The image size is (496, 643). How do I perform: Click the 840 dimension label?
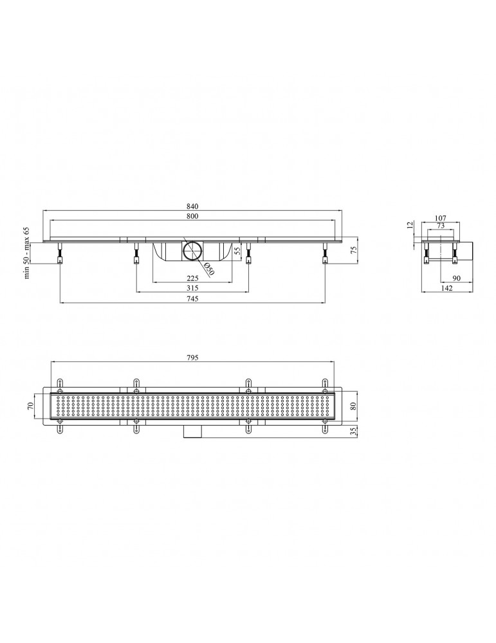(x=192, y=206)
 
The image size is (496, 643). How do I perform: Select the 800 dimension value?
(x=192, y=216)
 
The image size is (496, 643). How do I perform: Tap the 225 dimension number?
(x=192, y=278)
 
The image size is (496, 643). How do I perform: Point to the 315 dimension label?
(x=192, y=288)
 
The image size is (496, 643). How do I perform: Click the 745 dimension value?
(x=192, y=298)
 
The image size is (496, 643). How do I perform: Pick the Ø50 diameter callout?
(x=209, y=270)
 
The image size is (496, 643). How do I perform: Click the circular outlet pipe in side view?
(x=192, y=251)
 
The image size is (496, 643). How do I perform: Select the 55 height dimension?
(x=237, y=251)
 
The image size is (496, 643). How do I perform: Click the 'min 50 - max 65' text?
(x=27, y=252)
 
